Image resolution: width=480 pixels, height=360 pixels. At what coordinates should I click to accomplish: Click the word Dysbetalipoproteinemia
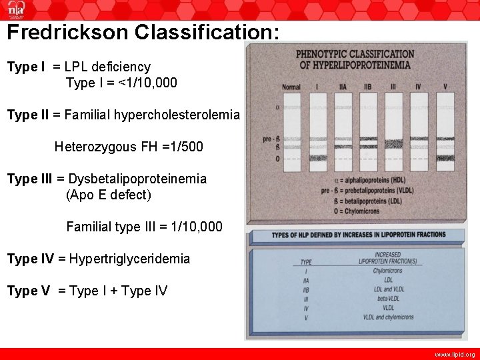[x=137, y=179]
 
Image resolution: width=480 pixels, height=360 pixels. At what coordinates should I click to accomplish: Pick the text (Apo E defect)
[x=109, y=195]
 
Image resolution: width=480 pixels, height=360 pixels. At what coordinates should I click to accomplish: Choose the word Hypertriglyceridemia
[x=129, y=259]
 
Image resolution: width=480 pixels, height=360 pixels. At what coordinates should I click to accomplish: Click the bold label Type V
[x=26, y=291]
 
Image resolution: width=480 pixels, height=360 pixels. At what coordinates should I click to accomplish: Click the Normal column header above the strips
[x=291, y=87]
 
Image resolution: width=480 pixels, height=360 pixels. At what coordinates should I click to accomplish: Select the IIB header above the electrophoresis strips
[x=367, y=87]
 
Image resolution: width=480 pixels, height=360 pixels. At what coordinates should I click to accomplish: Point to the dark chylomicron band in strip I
[x=317, y=159]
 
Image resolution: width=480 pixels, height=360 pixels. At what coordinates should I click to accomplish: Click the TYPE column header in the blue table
[x=306, y=262]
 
